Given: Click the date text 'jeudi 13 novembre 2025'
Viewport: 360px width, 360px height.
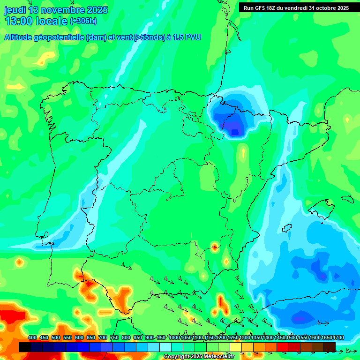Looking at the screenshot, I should click(56, 10).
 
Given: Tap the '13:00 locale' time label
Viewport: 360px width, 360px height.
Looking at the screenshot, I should click(36, 21).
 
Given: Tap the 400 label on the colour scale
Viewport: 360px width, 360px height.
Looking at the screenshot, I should click(32, 337).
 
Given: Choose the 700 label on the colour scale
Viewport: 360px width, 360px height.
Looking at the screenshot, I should click(103, 337).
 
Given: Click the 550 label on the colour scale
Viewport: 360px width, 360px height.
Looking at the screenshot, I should click(67, 337).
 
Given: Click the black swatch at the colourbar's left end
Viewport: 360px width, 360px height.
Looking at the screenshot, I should click(25, 347).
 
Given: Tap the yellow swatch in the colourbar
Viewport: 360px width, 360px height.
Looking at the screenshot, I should click(236, 347).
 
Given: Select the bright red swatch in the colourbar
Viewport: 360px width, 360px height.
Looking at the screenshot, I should click(283, 347).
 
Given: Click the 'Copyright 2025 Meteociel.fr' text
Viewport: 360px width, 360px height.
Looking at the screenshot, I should click(199, 357).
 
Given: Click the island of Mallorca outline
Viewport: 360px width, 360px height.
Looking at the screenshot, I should click(324, 207).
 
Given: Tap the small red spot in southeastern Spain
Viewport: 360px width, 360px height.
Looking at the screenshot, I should click(215, 247).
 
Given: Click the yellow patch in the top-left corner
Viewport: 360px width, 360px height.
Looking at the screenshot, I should click(45, 59).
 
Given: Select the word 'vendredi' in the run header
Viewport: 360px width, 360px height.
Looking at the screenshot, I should click(296, 7).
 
